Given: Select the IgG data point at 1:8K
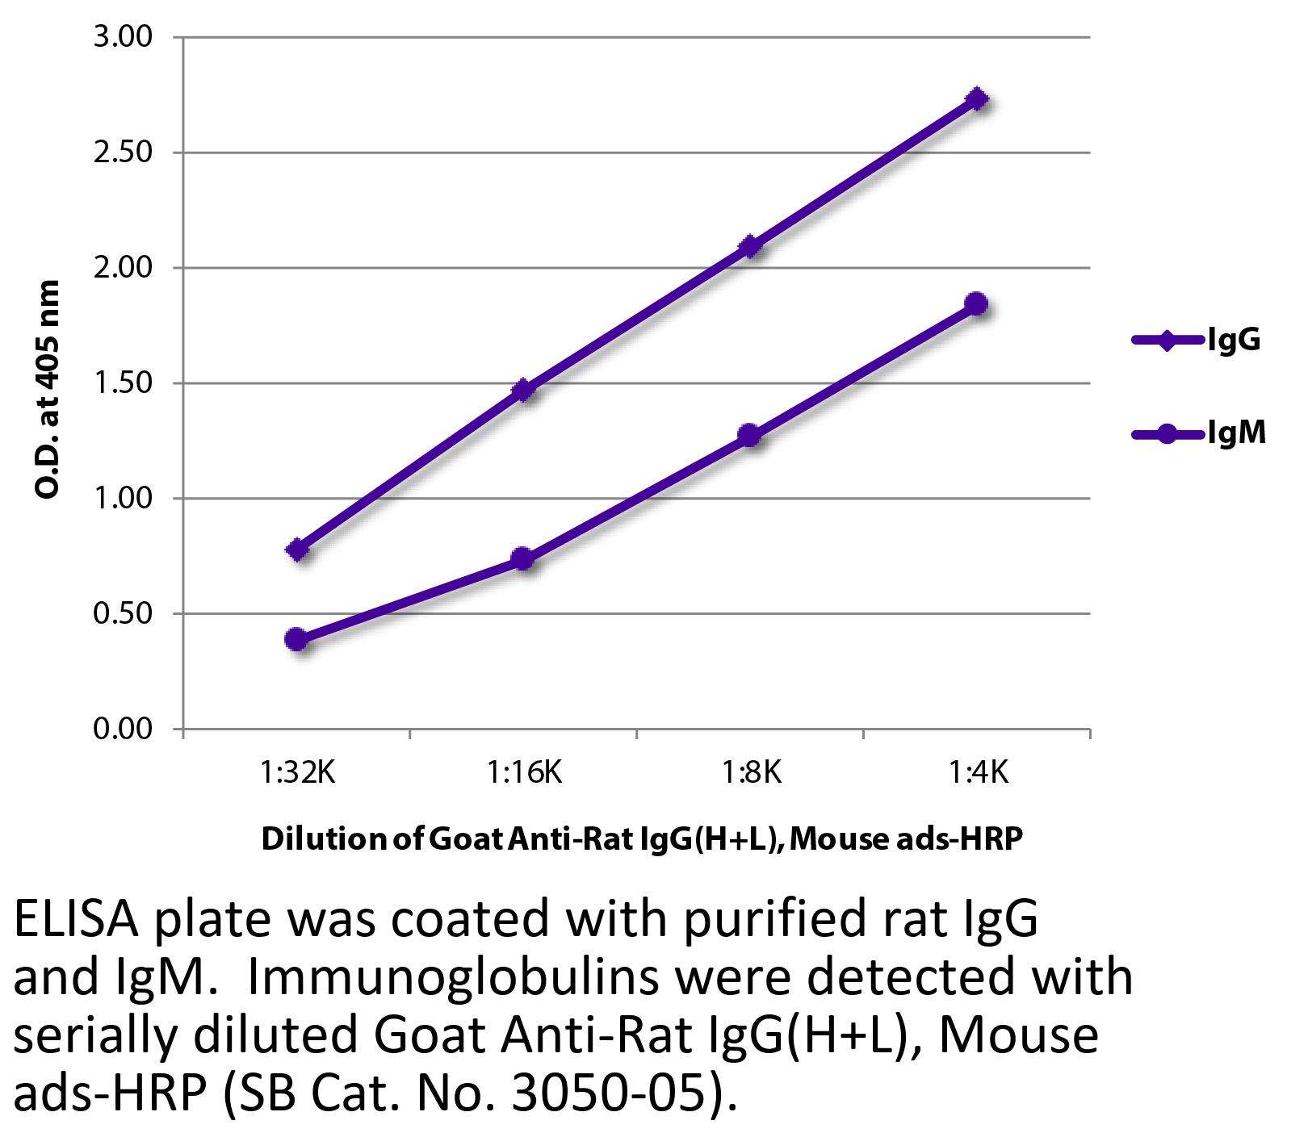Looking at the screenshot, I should pyautogui.click(x=750, y=246).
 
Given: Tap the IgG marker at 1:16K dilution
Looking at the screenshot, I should pyautogui.click(x=523, y=390).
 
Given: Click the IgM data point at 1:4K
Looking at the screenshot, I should pyautogui.click(x=976, y=304).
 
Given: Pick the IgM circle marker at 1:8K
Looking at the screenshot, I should pyautogui.click(x=749, y=435).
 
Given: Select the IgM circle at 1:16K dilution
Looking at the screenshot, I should pyautogui.click(x=522, y=558).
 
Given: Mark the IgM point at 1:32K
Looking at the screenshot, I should pyautogui.click(x=296, y=639).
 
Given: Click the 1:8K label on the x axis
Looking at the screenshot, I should pyautogui.click(x=750, y=773).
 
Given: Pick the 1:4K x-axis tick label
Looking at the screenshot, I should pyautogui.click(x=977, y=773).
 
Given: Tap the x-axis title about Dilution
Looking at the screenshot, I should pyautogui.click(x=642, y=839).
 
